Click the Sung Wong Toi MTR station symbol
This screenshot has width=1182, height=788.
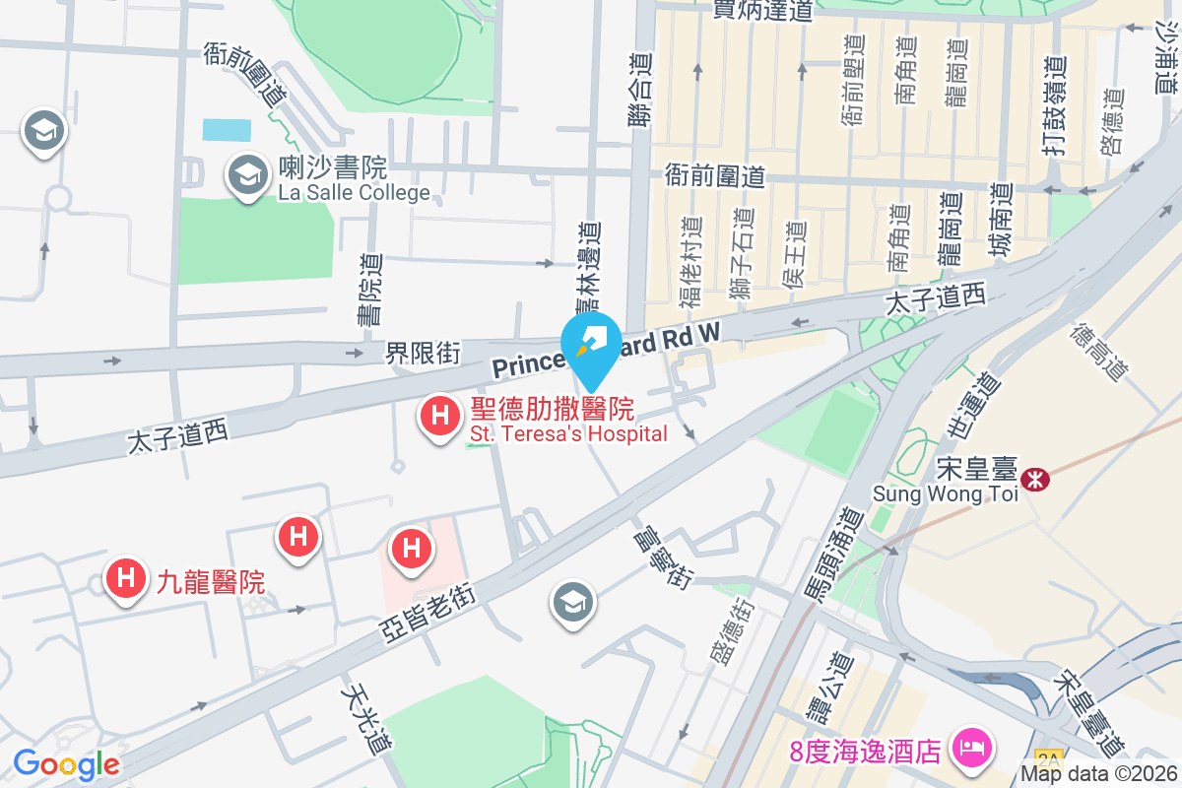tap(1035, 480)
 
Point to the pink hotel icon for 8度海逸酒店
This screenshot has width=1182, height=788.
tap(971, 748)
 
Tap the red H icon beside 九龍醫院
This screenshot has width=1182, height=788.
tap(125, 578)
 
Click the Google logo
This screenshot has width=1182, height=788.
tap(66, 764)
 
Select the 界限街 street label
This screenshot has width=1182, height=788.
tap(423, 352)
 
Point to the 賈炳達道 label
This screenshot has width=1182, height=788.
tap(763, 12)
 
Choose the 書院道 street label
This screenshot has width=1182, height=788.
tap(370, 290)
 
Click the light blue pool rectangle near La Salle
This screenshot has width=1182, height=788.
tap(227, 130)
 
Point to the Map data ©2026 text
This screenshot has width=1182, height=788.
tap(1097, 774)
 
